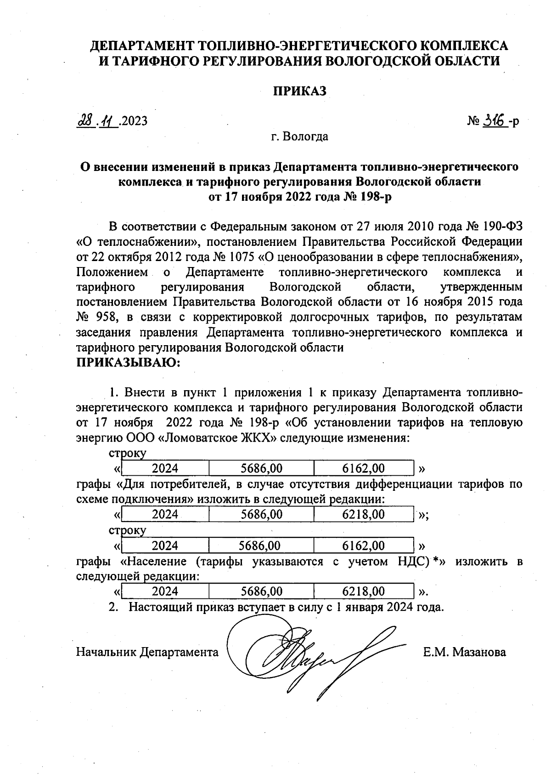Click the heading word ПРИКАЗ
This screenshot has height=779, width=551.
pos(300,91)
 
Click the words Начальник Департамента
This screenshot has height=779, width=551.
pos(147,652)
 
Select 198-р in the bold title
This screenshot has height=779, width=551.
pos(374,197)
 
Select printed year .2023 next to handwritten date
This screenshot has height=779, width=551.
pos(134,121)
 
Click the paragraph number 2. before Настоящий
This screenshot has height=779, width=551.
pos(113,607)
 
